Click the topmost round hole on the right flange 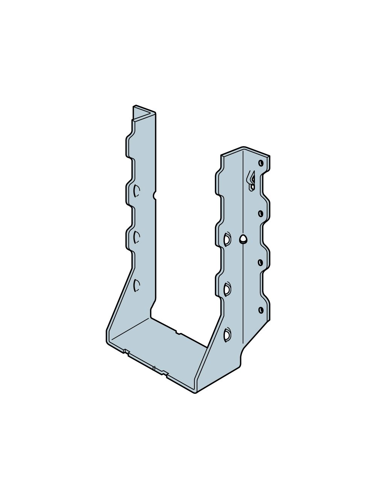261,163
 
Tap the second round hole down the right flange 260,213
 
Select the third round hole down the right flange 260,262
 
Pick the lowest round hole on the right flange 261,310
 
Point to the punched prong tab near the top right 251,180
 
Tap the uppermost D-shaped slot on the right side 227,239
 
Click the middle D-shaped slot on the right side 227,288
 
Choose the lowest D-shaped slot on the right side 227,334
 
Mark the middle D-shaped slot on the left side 136,237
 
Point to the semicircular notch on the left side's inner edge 155,195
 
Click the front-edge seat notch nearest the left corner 126,352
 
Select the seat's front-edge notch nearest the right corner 164,373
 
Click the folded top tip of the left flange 145,110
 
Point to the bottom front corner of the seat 196,392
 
